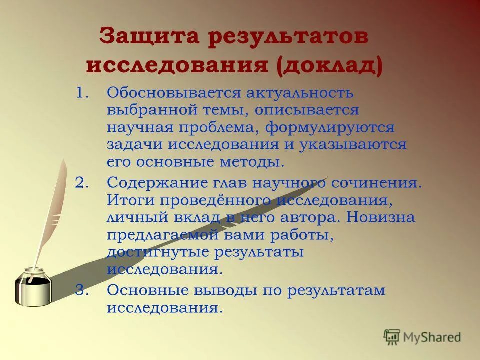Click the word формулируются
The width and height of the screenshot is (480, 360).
point(330,128)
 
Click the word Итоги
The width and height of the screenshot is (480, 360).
point(126,200)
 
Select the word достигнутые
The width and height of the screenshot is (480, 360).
point(157,253)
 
